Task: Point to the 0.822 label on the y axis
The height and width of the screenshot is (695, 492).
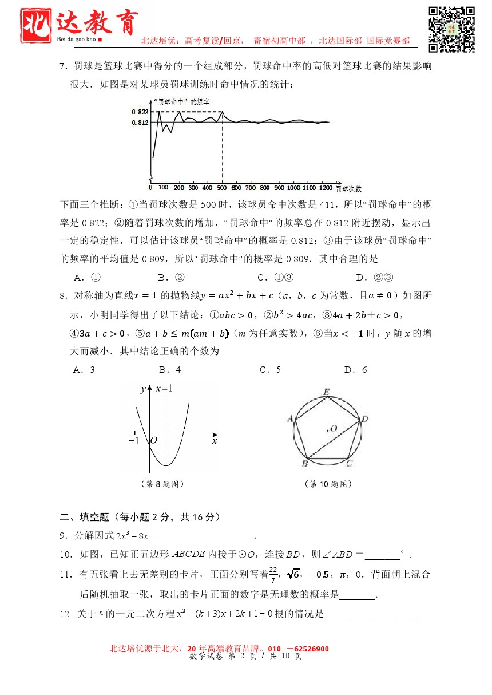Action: click(x=140, y=112)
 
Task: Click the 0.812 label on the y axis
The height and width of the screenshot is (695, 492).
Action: click(x=140, y=123)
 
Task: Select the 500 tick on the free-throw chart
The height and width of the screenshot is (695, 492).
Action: click(x=222, y=188)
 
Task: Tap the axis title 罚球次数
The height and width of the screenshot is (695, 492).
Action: click(x=348, y=188)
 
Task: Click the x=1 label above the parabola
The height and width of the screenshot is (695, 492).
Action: click(x=164, y=389)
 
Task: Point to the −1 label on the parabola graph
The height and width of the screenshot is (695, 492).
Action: click(x=134, y=441)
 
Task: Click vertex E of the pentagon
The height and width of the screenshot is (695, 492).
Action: click(x=327, y=392)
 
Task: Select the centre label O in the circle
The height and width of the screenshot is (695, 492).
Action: click(x=333, y=428)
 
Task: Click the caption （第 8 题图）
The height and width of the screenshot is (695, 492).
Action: click(x=162, y=484)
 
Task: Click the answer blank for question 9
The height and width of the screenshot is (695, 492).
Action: click(x=205, y=536)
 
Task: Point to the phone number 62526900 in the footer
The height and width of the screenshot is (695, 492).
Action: click(x=307, y=649)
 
